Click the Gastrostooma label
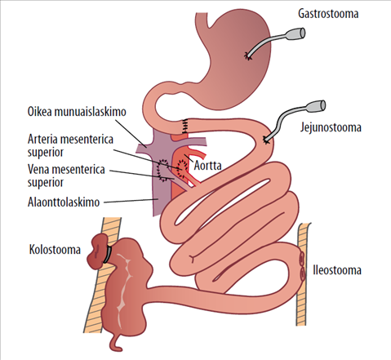[328, 14]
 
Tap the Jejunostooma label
[331, 127]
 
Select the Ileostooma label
[337, 270]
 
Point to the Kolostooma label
[55, 250]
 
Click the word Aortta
[207, 166]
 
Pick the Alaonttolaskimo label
[64, 202]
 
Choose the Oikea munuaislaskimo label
[77, 112]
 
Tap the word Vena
[38, 169]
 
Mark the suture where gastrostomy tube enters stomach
[248, 56]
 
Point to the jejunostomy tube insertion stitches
[265, 140]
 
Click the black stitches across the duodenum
[185, 126]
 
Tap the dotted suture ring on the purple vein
[162, 171]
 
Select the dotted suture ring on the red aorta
[182, 168]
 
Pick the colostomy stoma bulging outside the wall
[97, 251]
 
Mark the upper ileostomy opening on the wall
[301, 257]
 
